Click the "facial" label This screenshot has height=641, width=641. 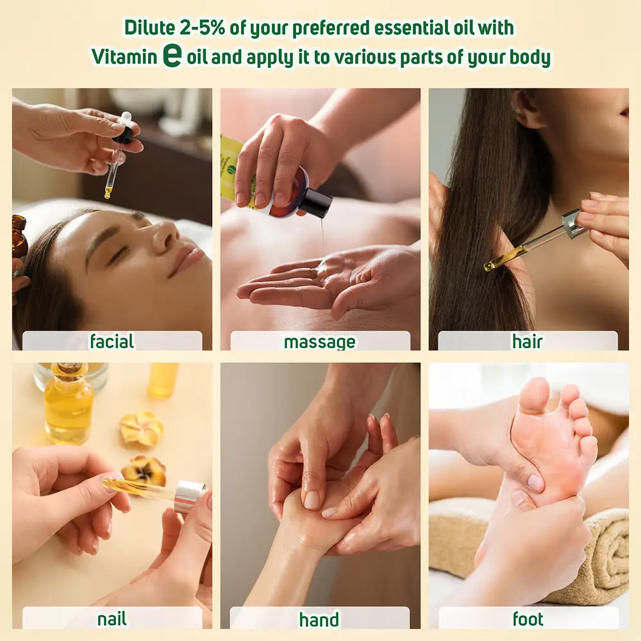pos(112,341)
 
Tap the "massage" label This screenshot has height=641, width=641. pos(319,342)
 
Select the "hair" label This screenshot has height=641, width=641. pos(527,342)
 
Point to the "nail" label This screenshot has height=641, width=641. pos(112,619)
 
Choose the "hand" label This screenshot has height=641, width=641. pos(319,620)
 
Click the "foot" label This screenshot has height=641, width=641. pos(528,619)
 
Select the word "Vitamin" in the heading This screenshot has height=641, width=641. pos(124,56)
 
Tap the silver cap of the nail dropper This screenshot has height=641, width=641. pos(190,497)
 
